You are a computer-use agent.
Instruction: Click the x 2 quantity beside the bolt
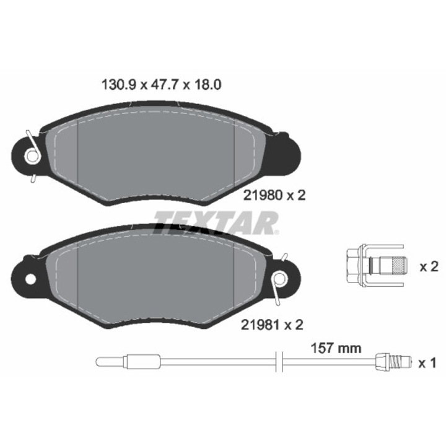(429, 267)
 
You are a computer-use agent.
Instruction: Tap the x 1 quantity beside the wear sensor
(429, 363)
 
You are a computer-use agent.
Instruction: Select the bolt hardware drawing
(375, 266)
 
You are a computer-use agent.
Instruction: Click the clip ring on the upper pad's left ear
(32, 156)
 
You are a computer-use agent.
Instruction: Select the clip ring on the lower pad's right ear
(281, 279)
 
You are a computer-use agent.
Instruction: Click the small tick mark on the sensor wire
(282, 360)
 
